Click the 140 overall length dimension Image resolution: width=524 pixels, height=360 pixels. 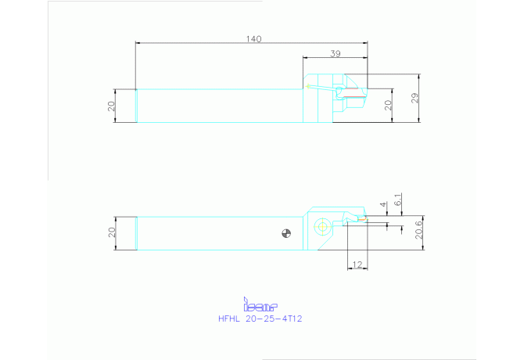coord(253,39)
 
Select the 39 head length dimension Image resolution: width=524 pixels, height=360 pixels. coord(336,53)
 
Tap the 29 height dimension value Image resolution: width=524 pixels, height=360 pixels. coord(415,98)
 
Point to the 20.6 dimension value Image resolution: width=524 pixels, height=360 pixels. coord(418,230)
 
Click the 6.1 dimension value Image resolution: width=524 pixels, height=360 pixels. coord(398,200)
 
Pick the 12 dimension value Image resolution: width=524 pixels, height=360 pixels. coord(357,265)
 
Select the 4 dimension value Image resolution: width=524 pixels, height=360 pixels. coord(383,204)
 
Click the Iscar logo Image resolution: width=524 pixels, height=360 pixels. coord(260,304)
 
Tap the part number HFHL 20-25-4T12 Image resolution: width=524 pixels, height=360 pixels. coord(260,319)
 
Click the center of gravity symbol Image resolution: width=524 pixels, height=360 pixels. coord(286,233)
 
